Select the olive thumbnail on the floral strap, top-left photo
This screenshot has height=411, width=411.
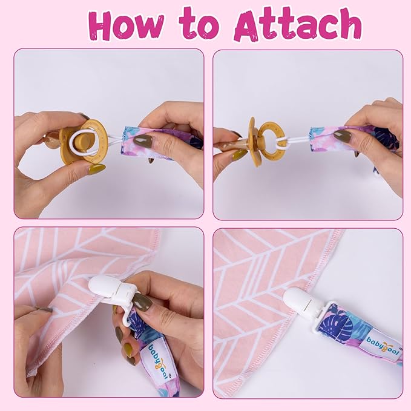143,140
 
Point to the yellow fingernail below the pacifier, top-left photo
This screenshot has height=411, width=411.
97,169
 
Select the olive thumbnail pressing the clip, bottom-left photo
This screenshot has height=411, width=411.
143,302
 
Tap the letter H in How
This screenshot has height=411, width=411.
104,26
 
